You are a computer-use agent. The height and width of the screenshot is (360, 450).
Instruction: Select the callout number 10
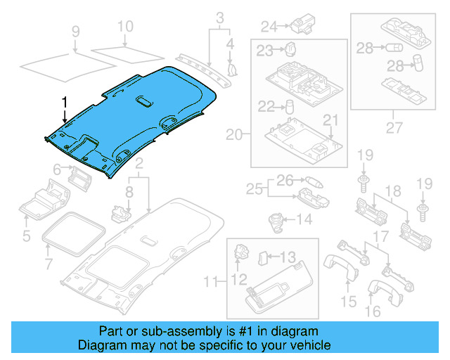(x=124, y=27)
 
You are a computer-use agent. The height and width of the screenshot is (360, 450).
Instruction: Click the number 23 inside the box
(x=264, y=50)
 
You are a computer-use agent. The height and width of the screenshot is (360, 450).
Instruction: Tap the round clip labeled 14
(x=276, y=220)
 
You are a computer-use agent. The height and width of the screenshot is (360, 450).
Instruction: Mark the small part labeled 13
(x=262, y=257)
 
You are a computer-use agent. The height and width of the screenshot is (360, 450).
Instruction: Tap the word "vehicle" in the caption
(x=311, y=345)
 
